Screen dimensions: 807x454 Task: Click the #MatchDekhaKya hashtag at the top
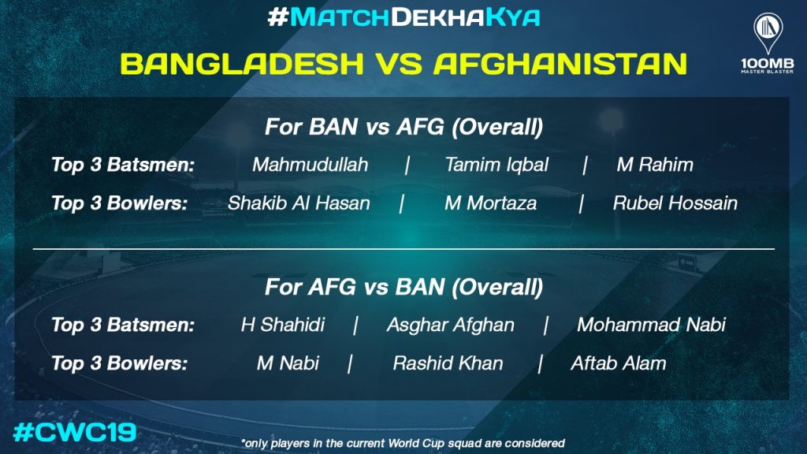[403, 17]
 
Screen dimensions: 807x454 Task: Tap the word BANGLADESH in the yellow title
[243, 64]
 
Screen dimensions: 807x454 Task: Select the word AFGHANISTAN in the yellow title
[560, 64]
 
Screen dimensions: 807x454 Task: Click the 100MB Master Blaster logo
[768, 43]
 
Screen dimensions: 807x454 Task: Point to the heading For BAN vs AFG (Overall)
[403, 127]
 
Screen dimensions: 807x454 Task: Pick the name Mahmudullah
[311, 165]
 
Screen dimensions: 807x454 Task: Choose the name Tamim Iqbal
[496, 165]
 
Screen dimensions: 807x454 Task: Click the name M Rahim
[655, 165]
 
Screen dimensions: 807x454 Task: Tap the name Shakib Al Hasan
[299, 203]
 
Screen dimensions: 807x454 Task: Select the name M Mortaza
[490, 203]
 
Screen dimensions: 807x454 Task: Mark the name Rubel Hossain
[675, 203]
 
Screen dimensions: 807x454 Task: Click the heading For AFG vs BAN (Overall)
[403, 287]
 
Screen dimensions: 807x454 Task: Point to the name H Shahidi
[283, 325]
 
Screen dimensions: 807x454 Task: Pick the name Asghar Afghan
[450, 325]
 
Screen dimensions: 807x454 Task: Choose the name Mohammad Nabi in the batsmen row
[651, 325]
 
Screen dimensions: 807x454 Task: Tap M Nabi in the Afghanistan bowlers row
[288, 363]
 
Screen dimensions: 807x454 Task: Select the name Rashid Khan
[448, 363]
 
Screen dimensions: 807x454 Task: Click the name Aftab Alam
[618, 363]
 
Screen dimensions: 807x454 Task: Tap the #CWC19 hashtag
[75, 433]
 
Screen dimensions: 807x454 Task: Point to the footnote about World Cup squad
[403, 443]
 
